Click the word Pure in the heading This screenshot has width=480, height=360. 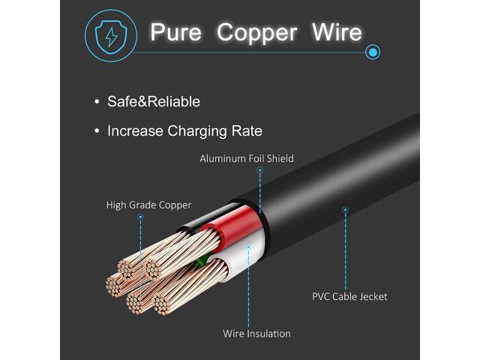pos(176,31)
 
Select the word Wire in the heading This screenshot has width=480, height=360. pos(337,31)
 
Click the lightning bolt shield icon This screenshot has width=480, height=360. pos(111,37)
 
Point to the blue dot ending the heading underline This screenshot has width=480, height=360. pos(373,52)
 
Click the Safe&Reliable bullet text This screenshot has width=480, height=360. pos(153,102)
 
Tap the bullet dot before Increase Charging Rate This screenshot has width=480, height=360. pos(97,131)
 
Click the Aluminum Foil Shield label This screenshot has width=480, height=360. pos(247,158)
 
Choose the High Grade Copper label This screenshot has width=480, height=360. pos(148,205)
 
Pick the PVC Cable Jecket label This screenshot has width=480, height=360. pos(349,297)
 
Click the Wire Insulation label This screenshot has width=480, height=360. pos(256,333)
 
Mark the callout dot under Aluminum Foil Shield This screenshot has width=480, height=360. pos(260,170)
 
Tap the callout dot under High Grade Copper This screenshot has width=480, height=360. pos(140,217)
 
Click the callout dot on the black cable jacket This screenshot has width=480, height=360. pos(345,210)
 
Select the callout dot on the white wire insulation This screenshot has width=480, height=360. pos(248,247)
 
